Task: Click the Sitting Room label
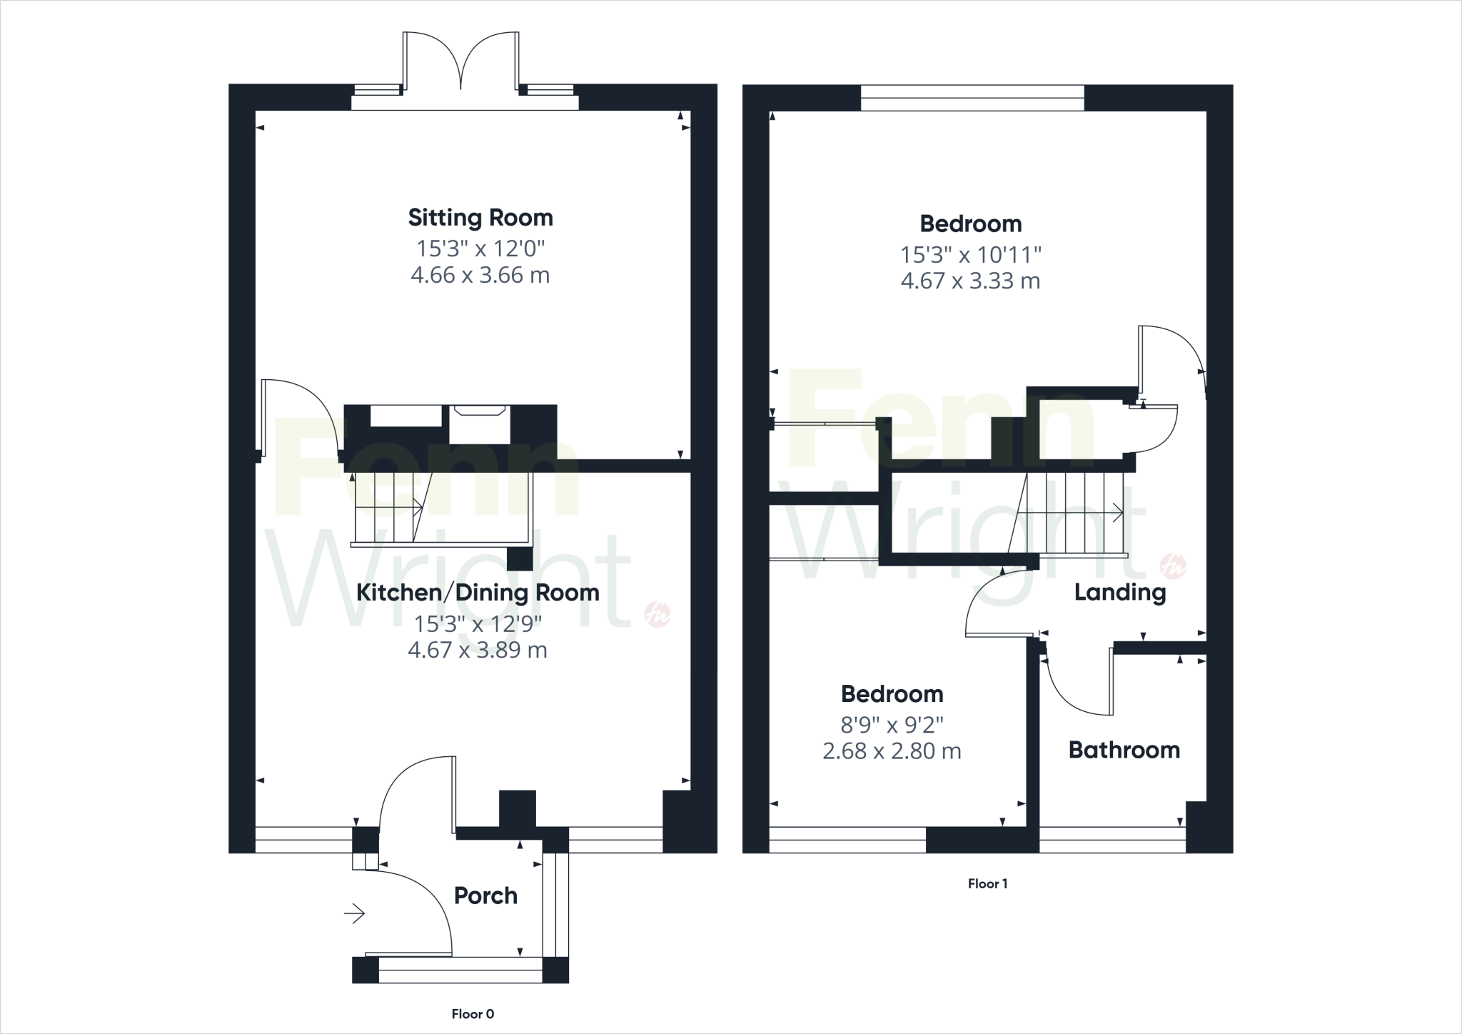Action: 480,218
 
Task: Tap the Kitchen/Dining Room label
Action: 478,593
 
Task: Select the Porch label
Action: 485,895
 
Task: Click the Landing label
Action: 1119,592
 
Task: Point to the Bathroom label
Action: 1124,750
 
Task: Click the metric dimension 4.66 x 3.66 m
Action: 480,276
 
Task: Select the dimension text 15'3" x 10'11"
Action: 970,254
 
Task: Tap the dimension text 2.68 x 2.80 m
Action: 892,751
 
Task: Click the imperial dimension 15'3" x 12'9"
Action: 478,624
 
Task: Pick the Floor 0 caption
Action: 473,1014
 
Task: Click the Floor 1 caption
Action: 987,884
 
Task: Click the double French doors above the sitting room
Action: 461,64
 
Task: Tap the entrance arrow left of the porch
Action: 355,913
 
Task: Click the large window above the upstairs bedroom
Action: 972,98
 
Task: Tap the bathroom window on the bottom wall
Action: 1111,840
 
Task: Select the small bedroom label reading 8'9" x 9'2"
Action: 892,725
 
